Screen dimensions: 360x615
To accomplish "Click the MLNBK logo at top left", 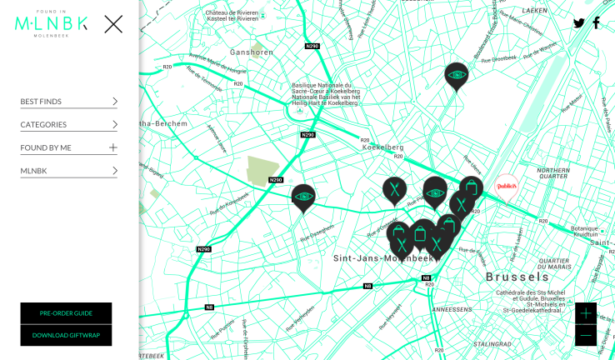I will [x=51, y=24].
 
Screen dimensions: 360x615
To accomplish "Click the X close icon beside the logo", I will [x=113, y=24].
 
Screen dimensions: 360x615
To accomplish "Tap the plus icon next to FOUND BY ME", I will [x=113, y=147].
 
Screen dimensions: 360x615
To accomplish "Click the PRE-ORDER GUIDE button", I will [x=66, y=313].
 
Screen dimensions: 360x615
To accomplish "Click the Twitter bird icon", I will [x=578, y=23].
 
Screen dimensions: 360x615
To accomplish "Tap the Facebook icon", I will [x=596, y=22].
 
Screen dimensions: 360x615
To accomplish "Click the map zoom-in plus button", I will [x=586, y=313].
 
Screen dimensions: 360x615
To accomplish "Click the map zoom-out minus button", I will [x=586, y=335].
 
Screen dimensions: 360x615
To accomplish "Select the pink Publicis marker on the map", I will [x=507, y=187].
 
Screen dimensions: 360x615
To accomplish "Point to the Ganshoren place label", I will [x=251, y=52].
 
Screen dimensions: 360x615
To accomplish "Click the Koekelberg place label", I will [x=382, y=147].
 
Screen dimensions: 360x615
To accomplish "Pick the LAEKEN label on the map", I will [x=534, y=11].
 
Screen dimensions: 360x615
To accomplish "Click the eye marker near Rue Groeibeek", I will [x=456, y=76].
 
